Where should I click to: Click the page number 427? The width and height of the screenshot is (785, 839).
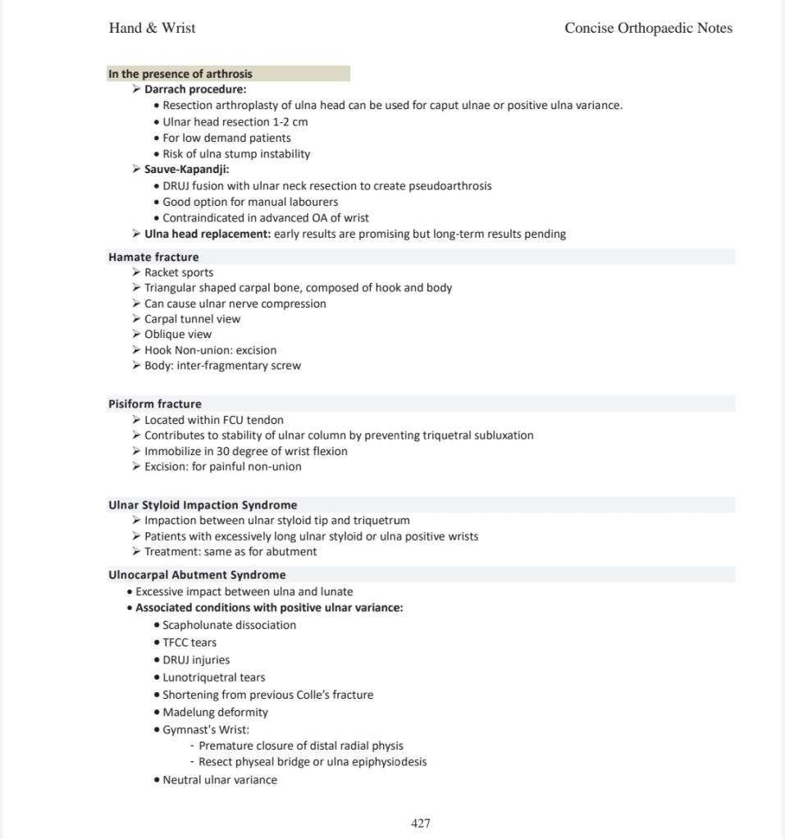(x=420, y=823)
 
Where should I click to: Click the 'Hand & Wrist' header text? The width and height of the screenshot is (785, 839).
(x=152, y=28)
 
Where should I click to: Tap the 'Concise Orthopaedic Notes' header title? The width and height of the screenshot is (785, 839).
(x=648, y=28)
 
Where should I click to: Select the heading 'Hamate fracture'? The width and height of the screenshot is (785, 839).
(x=153, y=257)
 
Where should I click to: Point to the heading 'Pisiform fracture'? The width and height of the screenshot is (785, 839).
(x=155, y=404)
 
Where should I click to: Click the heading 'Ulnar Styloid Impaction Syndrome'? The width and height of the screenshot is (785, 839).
(x=203, y=505)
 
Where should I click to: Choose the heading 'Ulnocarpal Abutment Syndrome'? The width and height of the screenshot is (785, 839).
(x=197, y=575)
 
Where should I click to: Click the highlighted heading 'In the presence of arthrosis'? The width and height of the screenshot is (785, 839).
(x=180, y=74)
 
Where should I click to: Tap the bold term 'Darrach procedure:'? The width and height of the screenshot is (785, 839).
(x=195, y=89)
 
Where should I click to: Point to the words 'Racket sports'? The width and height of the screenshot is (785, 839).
(x=179, y=272)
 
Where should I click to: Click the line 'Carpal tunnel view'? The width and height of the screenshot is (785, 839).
(x=193, y=319)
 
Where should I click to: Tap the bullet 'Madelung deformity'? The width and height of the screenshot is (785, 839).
(x=215, y=713)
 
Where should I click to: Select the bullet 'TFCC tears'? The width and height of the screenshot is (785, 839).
(x=189, y=642)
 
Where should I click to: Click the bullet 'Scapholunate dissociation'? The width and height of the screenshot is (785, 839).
(x=229, y=625)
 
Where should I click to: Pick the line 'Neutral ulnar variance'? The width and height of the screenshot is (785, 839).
(x=220, y=780)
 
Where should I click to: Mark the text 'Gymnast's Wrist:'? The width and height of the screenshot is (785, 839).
(x=206, y=730)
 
